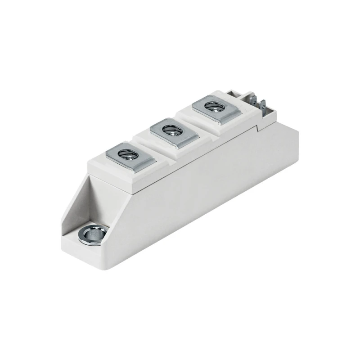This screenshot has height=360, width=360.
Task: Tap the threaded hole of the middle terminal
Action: tap(170, 130)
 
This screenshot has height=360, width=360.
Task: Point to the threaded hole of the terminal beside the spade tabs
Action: tap(211, 107)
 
